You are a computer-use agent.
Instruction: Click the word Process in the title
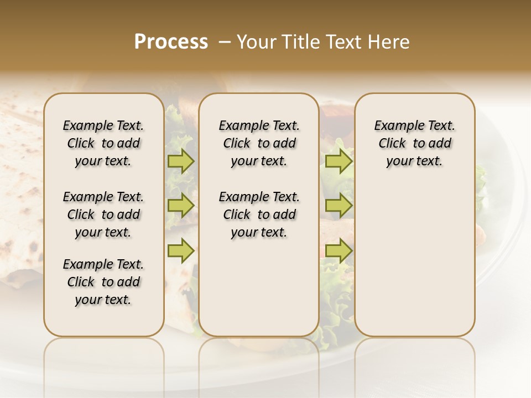click(x=171, y=42)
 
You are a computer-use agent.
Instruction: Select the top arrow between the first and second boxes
click(x=181, y=161)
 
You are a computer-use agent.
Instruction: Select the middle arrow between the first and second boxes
click(x=181, y=206)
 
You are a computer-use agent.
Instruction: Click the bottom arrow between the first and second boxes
click(x=181, y=251)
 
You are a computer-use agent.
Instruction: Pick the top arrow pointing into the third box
click(x=339, y=161)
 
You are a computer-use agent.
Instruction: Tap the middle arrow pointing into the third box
click(x=339, y=206)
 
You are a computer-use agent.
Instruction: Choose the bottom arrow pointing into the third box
click(x=339, y=251)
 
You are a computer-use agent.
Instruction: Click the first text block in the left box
click(x=103, y=143)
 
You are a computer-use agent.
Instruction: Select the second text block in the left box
click(x=103, y=214)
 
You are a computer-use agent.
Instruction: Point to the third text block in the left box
click(x=103, y=282)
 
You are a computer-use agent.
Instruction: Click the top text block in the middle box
click(x=259, y=143)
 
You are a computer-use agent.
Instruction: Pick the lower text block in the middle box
click(x=259, y=214)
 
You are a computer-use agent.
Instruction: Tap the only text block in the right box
click(x=414, y=143)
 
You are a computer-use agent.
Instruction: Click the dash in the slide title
click(x=224, y=42)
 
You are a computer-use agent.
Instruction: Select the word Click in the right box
click(x=392, y=144)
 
